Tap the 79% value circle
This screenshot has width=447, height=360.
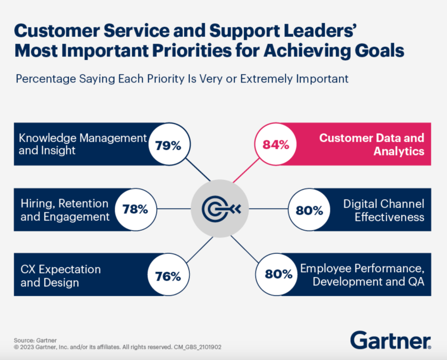168,145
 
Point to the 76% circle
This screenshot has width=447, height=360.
168,275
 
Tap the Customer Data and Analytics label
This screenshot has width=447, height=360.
372,145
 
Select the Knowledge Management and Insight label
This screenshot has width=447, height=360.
82,144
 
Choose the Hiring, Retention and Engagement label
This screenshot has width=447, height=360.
65,210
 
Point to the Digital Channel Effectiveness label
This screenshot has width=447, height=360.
383,210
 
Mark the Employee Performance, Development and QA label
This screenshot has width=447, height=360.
362,275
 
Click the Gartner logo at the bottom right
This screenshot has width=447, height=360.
390,340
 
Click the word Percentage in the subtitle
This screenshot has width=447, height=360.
44,79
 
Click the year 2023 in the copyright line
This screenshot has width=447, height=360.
27,347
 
